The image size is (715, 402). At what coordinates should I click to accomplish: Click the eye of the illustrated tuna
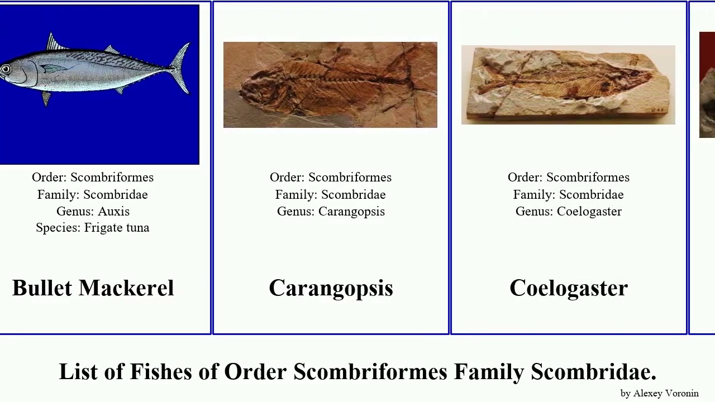(6, 69)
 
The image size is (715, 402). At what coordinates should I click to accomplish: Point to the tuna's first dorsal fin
(54, 42)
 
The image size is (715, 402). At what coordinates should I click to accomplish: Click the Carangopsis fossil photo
(330, 85)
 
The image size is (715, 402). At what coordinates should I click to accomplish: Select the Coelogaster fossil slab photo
(568, 85)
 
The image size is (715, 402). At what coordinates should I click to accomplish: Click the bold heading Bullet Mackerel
(93, 288)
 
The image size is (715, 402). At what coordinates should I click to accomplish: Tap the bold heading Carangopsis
(331, 288)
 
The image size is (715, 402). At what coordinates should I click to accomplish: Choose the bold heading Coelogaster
(568, 288)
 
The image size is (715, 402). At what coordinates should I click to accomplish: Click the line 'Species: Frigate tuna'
(92, 228)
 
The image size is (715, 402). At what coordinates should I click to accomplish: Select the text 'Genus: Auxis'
(93, 212)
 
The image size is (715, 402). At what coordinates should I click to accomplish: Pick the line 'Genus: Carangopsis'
(331, 212)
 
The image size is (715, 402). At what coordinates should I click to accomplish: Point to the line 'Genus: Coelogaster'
(568, 212)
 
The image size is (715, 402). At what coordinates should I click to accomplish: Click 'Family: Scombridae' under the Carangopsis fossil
(330, 195)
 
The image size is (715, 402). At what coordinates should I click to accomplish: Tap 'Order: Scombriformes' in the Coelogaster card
(568, 178)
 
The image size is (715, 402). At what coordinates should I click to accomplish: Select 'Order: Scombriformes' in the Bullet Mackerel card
(93, 178)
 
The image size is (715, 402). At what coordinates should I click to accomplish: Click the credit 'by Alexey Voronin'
(659, 393)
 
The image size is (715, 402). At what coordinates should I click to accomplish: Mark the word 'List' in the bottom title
(78, 372)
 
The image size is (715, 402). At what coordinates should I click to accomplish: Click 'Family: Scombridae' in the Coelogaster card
(568, 195)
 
